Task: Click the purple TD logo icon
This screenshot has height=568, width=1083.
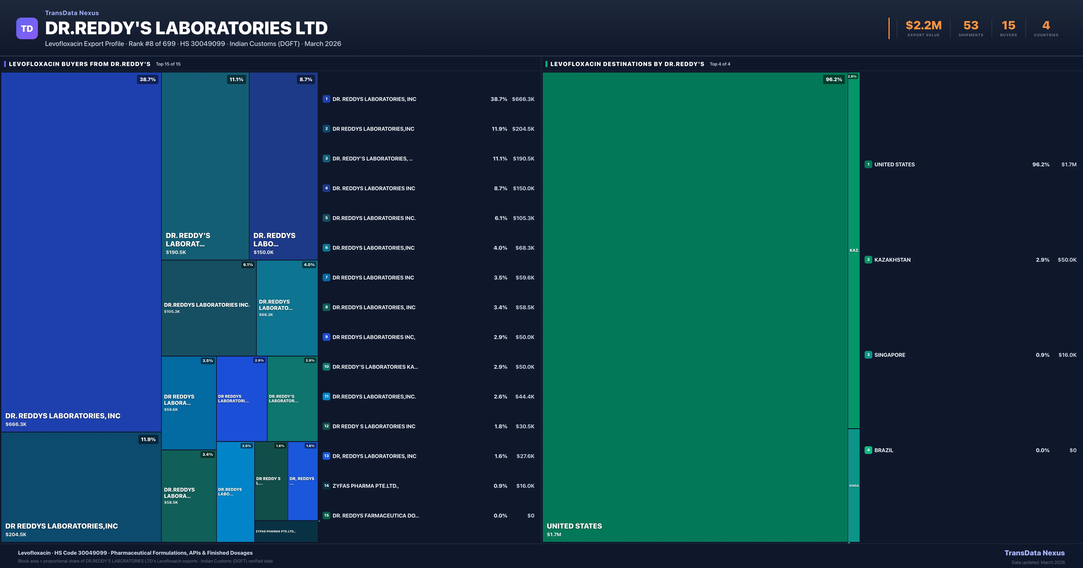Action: click(27, 29)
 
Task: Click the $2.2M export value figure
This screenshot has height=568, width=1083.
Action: click(923, 26)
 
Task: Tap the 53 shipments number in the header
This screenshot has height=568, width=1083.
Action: click(971, 26)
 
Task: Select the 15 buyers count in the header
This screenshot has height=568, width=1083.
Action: click(1008, 26)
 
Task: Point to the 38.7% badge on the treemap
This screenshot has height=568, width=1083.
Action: click(148, 79)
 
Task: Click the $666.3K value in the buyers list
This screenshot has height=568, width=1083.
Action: click(523, 99)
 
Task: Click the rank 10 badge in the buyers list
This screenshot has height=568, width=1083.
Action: click(326, 367)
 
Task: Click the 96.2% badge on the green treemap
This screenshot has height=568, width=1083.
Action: click(833, 79)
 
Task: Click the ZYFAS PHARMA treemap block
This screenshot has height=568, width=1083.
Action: click(286, 531)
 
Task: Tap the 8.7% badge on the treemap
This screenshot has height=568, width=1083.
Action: click(306, 79)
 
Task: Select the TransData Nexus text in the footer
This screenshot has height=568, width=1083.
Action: click(1034, 553)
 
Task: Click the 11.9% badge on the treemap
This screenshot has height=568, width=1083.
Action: click(148, 440)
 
